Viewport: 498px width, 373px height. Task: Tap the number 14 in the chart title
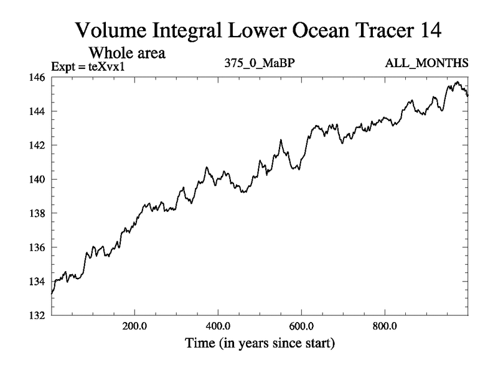tap(428, 29)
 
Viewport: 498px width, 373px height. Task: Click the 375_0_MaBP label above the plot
tap(260, 64)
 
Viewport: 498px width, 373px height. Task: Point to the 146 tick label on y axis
tap(36, 78)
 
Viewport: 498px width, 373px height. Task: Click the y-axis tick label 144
tap(36, 111)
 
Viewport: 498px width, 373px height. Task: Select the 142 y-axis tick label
tap(36, 145)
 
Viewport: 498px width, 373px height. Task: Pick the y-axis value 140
tap(36, 180)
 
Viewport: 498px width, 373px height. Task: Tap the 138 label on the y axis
tap(36, 213)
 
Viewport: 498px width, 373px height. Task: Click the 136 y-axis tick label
tap(36, 247)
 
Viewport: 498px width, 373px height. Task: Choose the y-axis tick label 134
tap(36, 282)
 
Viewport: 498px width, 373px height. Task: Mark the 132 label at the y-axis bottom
tap(36, 315)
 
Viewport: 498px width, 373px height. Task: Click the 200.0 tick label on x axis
tap(134, 326)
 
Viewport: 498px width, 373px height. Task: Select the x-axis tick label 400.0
tap(218, 326)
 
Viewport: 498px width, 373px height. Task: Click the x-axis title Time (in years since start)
tap(259, 343)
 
